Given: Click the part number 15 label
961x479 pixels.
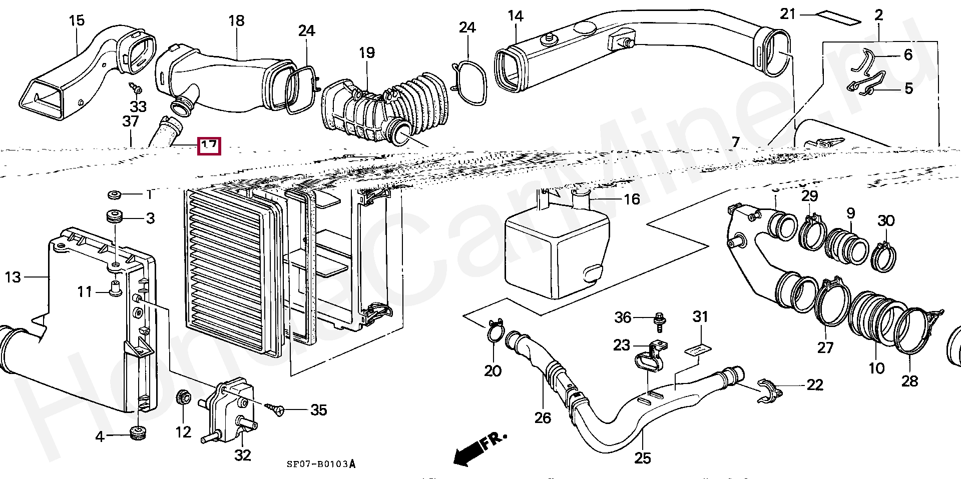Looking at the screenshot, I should [77, 21].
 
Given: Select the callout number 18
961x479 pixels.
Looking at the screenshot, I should [236, 21].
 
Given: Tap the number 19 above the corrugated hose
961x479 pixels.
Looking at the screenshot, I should [366, 52].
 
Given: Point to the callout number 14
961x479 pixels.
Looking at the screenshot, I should [515, 16].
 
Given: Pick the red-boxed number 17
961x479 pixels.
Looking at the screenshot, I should [209, 146].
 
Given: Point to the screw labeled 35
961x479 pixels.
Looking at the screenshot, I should [276, 410].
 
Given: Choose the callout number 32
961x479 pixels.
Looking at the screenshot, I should [242, 455].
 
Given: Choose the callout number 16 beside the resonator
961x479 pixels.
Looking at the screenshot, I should [632, 199].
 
